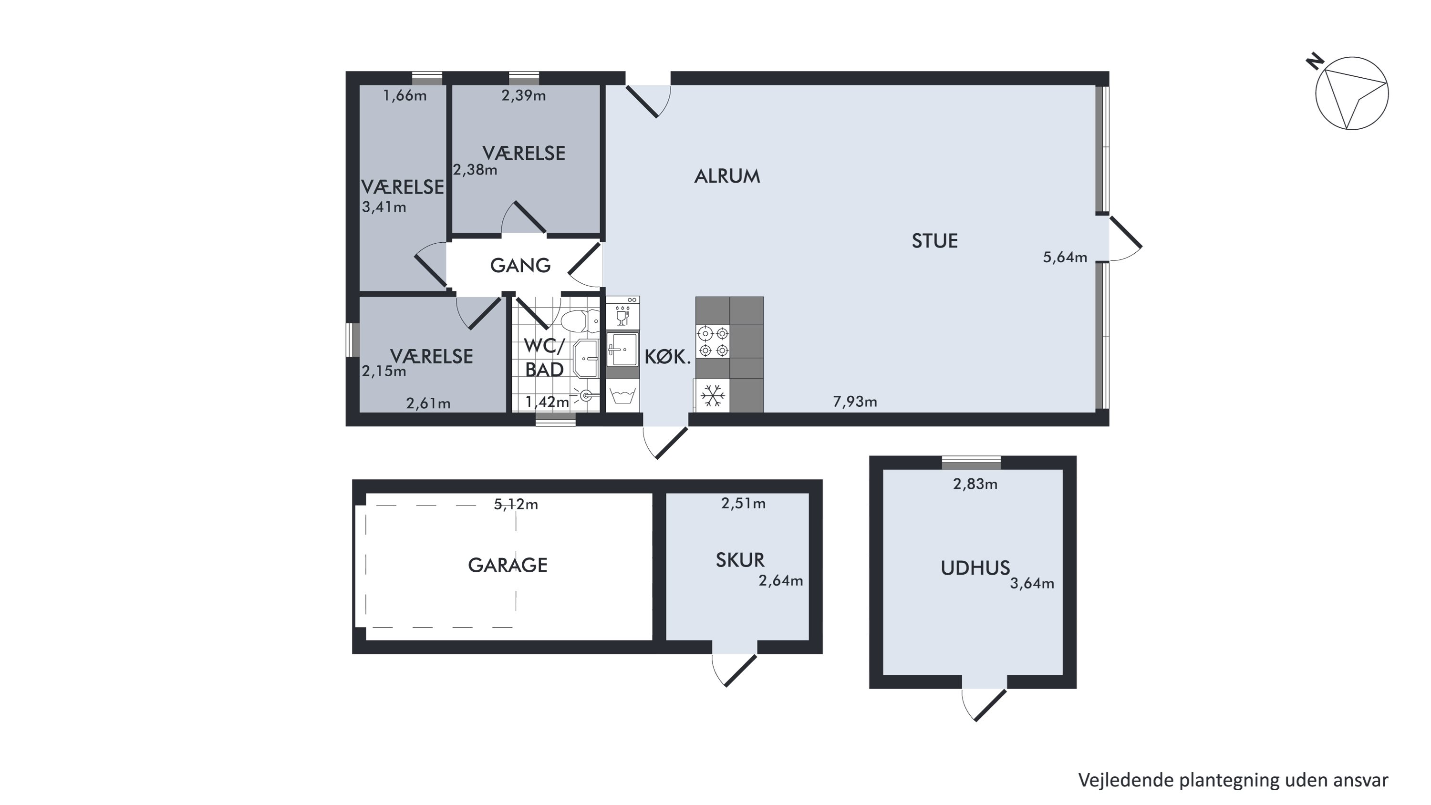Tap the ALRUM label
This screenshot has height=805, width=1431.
click(x=726, y=176)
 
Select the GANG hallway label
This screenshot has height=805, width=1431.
click(x=520, y=266)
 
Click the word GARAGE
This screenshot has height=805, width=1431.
click(x=507, y=566)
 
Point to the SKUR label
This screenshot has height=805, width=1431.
click(x=739, y=560)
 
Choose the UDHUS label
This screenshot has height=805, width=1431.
click(x=975, y=568)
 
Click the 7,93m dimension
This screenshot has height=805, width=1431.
click(x=855, y=401)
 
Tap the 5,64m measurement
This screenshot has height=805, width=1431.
click(x=1065, y=257)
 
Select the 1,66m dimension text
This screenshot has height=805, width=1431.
click(x=405, y=95)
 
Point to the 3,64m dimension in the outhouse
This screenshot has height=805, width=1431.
click(x=1032, y=583)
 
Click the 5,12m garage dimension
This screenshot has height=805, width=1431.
click(x=516, y=504)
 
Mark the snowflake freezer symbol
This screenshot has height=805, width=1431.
click(x=713, y=395)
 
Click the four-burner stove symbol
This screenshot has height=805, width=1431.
click(x=713, y=341)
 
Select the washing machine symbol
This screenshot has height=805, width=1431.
click(x=623, y=395)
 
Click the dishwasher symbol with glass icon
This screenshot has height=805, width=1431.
click(x=623, y=313)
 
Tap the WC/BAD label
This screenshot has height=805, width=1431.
click(x=544, y=358)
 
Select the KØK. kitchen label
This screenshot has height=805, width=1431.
click(x=667, y=357)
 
